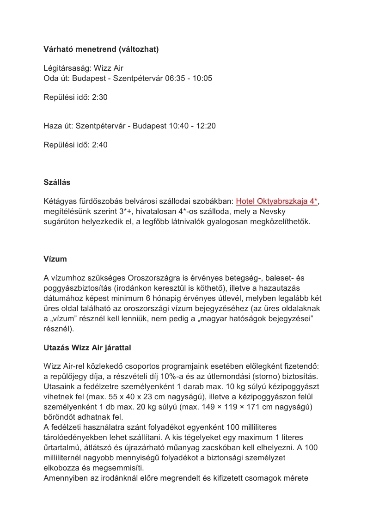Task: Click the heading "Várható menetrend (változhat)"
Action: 101,49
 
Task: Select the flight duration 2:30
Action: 100,97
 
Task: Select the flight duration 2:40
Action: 100,145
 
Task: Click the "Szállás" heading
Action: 57,182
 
